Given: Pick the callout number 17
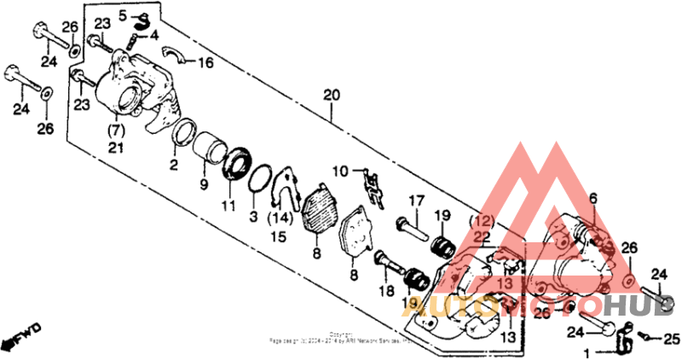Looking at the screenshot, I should click(415, 200).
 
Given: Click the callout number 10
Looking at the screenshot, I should click(341, 171).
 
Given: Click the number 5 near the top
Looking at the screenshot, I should click(123, 15).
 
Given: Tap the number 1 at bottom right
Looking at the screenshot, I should click(586, 352).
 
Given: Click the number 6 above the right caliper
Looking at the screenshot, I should click(593, 198).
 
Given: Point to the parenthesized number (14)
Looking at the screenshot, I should click(279, 218).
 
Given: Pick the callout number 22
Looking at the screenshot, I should click(481, 236).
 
